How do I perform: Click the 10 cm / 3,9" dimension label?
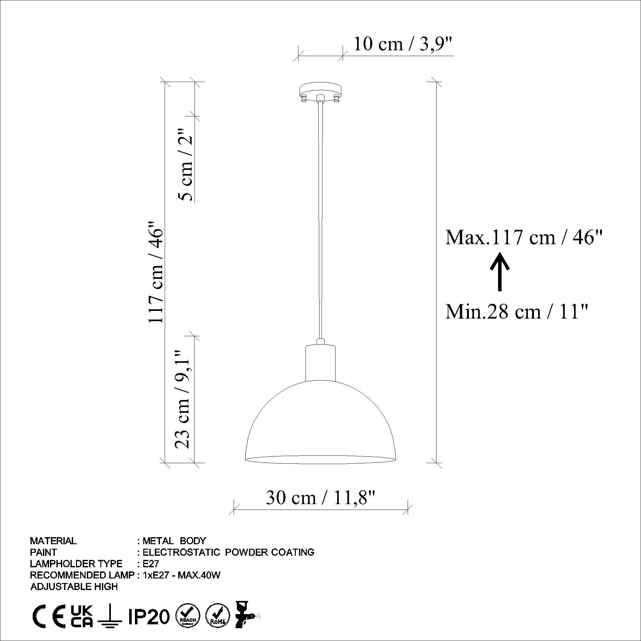click(x=403, y=44)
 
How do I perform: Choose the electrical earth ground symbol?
click(x=111, y=615)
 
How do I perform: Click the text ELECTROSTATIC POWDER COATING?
click(x=228, y=553)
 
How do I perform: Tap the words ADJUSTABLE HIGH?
click(x=74, y=587)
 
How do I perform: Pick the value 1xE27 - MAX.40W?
click(x=181, y=575)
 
